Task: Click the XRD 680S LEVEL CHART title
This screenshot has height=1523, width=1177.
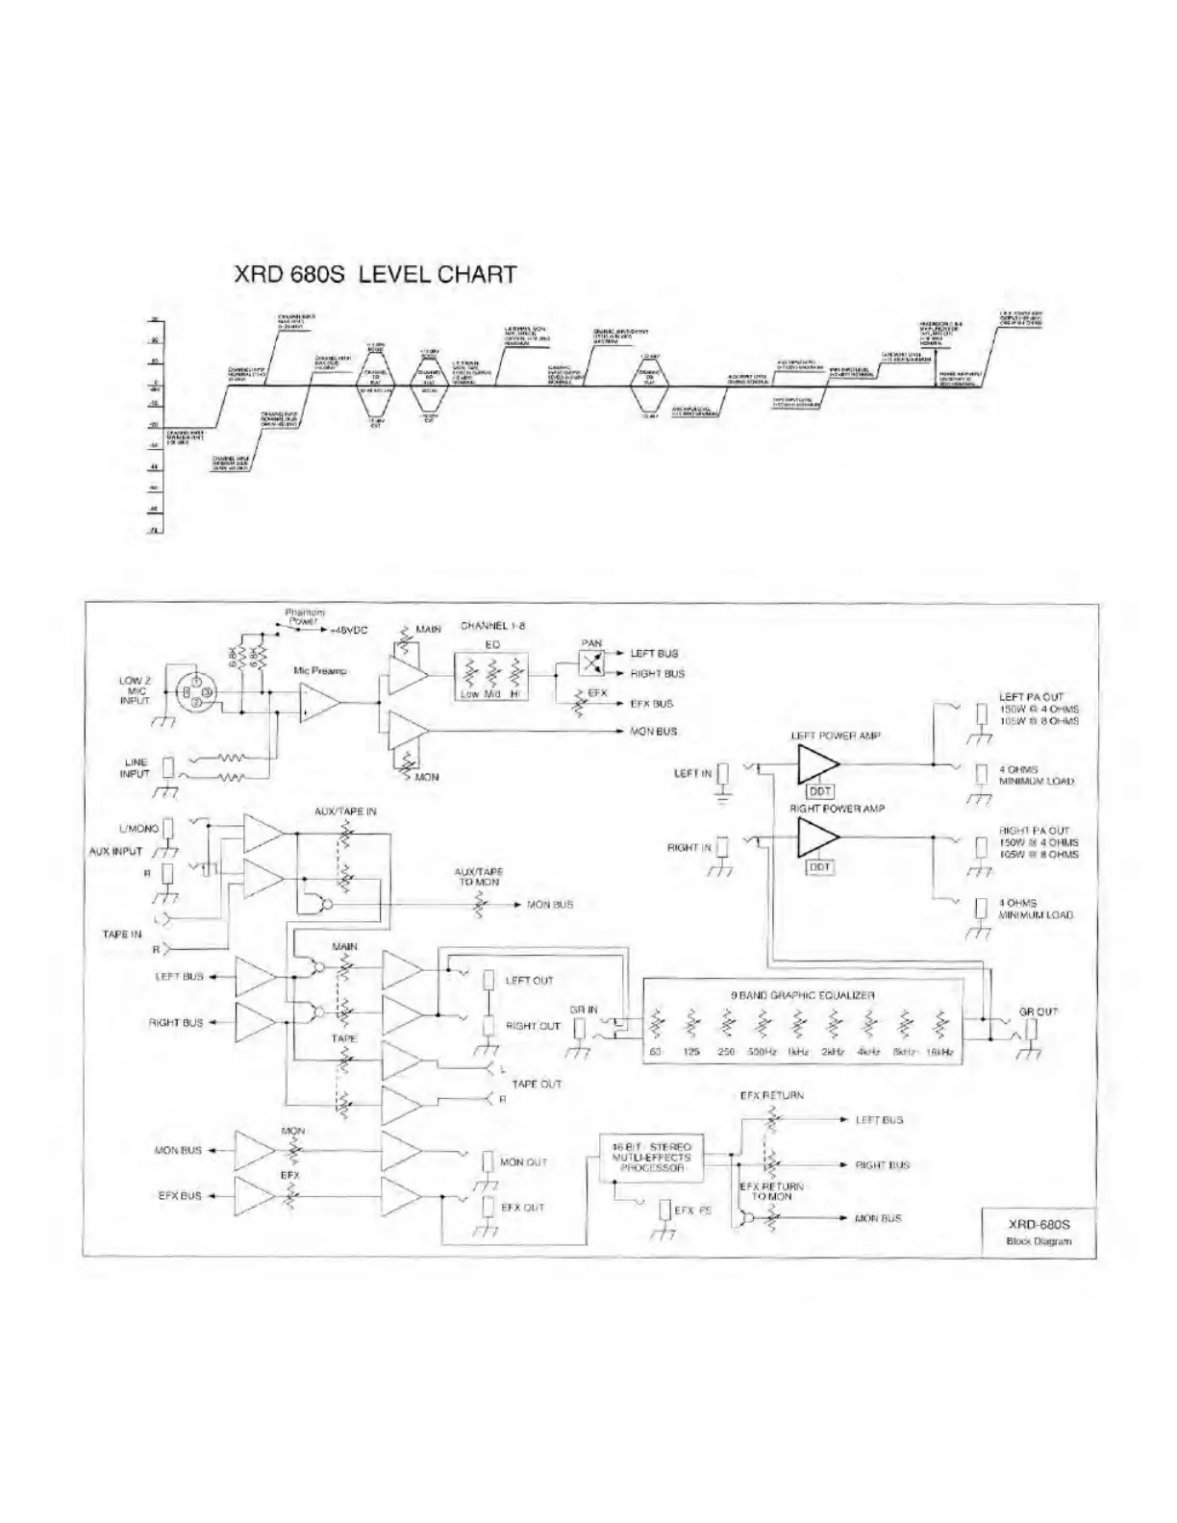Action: pyautogui.click(x=375, y=274)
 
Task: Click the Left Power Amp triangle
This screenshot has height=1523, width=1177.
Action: pyautogui.click(x=816, y=764)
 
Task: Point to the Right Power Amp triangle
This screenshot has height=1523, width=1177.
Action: pyautogui.click(x=816, y=837)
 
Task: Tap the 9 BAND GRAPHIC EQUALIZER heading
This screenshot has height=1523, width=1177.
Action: pyautogui.click(x=802, y=995)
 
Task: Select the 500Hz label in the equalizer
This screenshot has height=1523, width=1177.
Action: pyautogui.click(x=762, y=1053)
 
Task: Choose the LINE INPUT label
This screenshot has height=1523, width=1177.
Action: pyautogui.click(x=136, y=767)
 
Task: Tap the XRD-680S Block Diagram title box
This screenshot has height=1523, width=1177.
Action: pyautogui.click(x=1039, y=1232)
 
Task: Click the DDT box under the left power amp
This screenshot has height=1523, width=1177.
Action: pyautogui.click(x=820, y=791)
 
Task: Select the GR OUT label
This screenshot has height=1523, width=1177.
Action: pyautogui.click(x=1039, y=1011)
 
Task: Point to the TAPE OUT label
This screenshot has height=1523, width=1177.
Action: pyautogui.click(x=537, y=1084)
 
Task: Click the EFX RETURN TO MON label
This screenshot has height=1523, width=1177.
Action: pyautogui.click(x=772, y=1191)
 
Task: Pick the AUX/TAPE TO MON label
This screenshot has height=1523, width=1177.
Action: pyautogui.click(x=479, y=877)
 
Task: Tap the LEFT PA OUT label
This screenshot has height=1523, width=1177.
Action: pyautogui.click(x=1031, y=697)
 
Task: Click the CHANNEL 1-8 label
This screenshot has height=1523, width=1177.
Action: pyautogui.click(x=492, y=626)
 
